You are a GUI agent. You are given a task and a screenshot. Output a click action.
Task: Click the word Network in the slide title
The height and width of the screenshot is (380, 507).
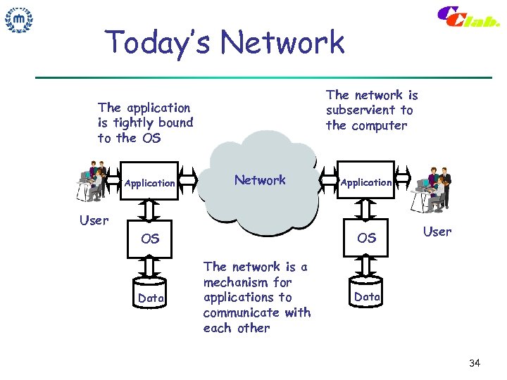pos(282,43)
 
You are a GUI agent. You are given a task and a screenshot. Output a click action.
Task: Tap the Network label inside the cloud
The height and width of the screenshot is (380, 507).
pos(260,180)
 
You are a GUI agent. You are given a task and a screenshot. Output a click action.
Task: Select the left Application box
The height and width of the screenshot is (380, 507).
pos(149,183)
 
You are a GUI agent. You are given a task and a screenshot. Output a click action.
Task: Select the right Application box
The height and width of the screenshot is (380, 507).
pos(366,182)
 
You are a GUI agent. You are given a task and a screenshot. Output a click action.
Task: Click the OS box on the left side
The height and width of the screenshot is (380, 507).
pos(150,239)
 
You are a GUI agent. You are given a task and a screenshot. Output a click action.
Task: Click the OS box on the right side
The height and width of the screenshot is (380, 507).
pos(366,238)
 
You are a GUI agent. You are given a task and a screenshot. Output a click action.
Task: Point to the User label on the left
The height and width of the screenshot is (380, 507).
pos(94,220)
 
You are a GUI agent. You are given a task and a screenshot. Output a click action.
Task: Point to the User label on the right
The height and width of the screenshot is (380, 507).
pos(437,232)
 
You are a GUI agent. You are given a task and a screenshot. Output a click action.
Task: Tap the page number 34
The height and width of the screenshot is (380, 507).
pos(474,363)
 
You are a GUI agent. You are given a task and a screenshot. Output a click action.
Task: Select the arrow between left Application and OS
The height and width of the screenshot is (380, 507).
pos(150,210)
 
